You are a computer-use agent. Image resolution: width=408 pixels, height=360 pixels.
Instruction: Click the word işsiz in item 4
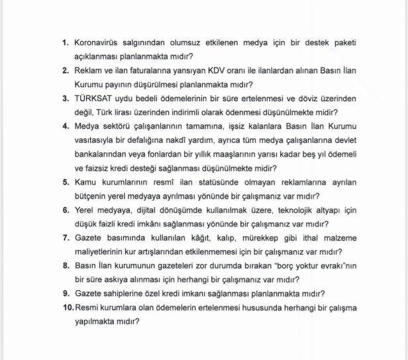point(242,126)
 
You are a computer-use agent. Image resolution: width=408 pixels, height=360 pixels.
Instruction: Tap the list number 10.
point(68,308)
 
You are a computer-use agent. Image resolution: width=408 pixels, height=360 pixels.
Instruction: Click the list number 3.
point(66,99)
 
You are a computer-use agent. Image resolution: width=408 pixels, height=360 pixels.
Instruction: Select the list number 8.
point(66,265)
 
